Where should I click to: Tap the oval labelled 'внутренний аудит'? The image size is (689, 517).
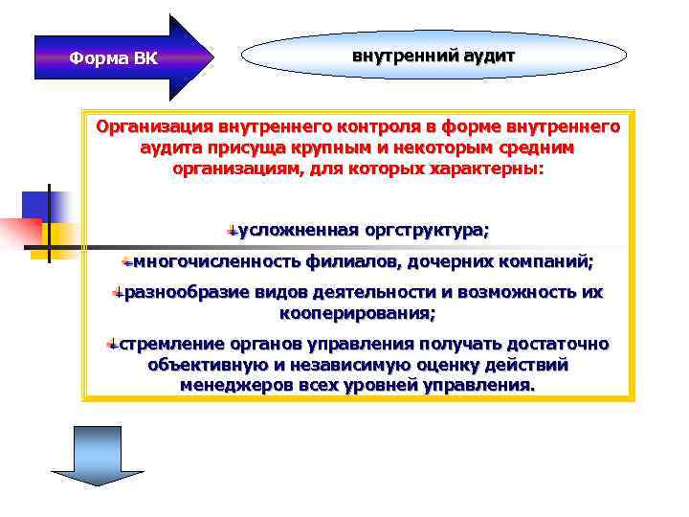point(433,56)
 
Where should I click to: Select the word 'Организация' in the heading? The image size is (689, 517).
point(154,126)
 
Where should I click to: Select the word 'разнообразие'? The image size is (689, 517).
point(181,292)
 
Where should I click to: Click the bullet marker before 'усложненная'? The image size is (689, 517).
point(232,231)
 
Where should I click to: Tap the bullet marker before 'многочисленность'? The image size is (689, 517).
point(126,261)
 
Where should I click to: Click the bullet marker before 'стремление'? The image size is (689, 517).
point(112,345)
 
